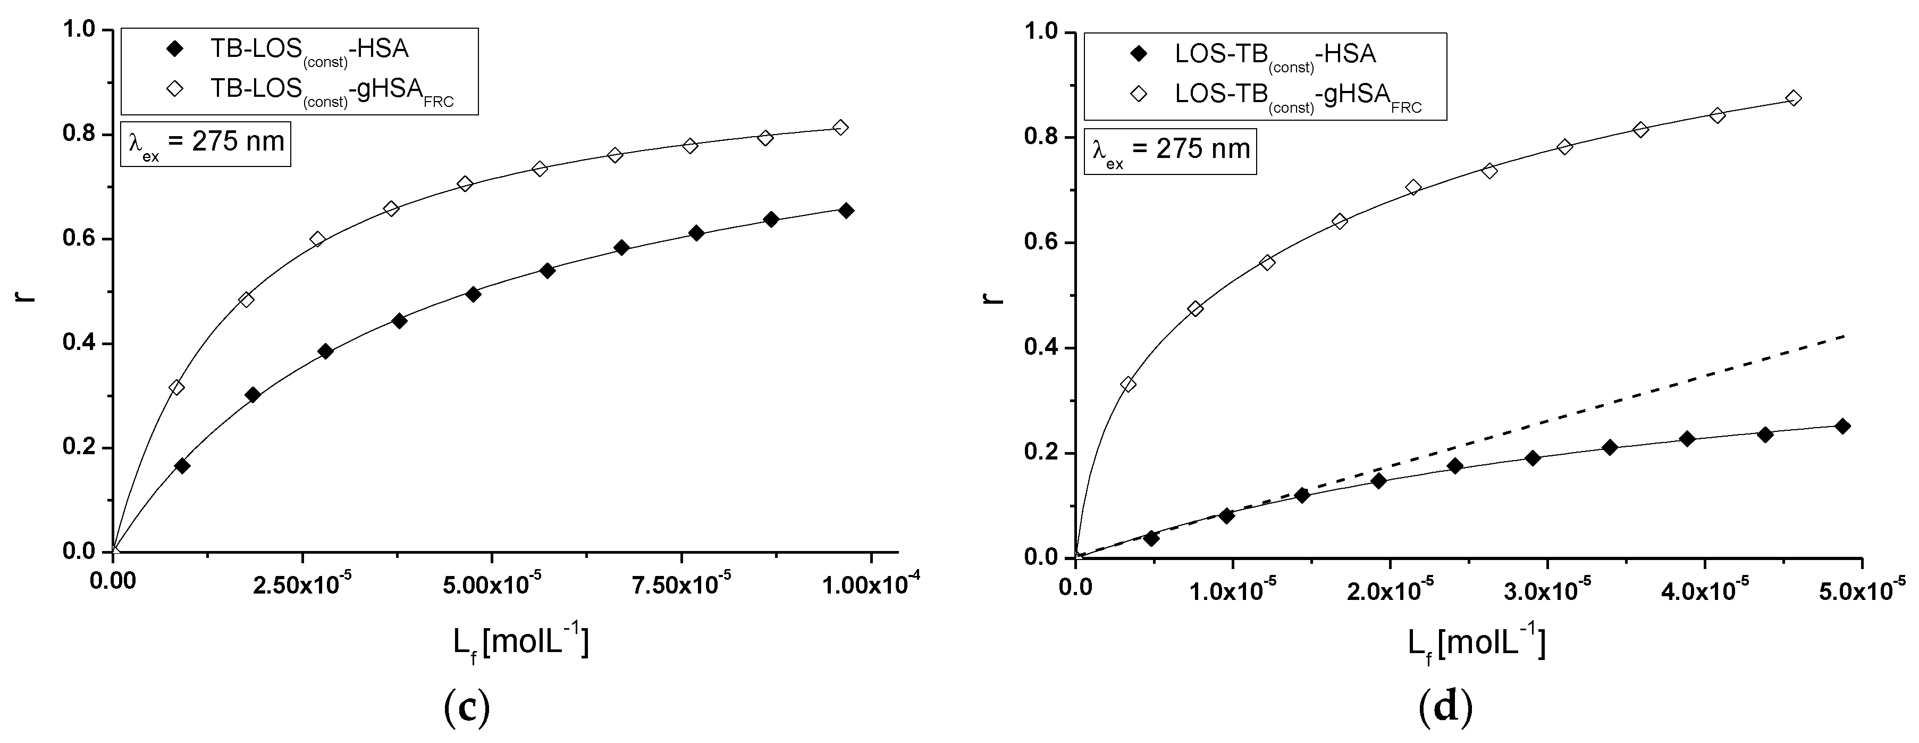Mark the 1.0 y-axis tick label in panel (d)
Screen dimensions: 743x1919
[x=1041, y=33]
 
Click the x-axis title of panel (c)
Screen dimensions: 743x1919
[x=521, y=641]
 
